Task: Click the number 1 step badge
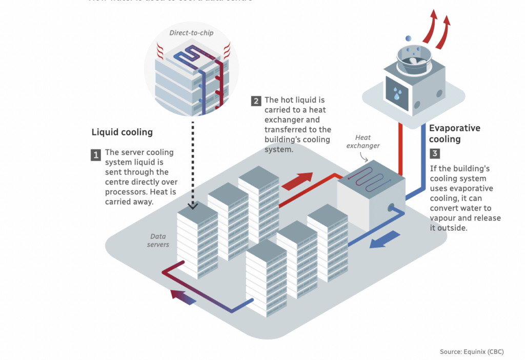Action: [96, 155]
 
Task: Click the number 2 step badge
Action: [256, 101]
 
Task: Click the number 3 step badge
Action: [434, 153]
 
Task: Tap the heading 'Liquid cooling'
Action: [122, 132]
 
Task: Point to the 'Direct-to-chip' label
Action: [191, 33]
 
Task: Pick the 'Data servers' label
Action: [158, 241]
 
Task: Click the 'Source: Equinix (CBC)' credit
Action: [471, 352]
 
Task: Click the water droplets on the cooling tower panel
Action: [397, 94]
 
